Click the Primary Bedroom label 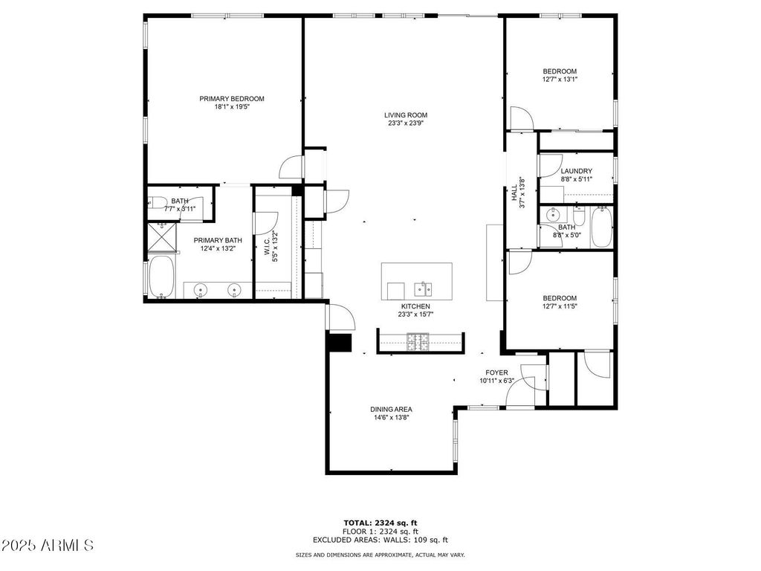pos(232,99)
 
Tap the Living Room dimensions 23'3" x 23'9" pos(407,123)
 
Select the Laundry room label pos(576,171)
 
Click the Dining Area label pos(391,410)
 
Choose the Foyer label pos(496,373)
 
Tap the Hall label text pos(514,193)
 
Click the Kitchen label pos(415,306)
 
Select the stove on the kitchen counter pos(418,341)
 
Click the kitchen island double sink pos(423,288)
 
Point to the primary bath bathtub pos(161,277)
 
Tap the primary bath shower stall pos(161,237)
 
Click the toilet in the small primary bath pos(158,201)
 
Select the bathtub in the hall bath pos(601,227)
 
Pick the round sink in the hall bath pos(552,214)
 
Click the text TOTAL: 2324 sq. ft pos(380,523)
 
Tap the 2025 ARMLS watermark pos(47,545)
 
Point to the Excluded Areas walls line pos(380,540)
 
